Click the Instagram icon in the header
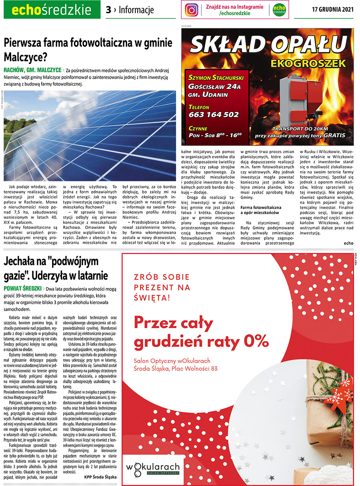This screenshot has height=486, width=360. pyautogui.click(x=192, y=10)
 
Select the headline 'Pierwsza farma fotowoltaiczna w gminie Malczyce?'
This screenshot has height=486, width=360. pyautogui.click(x=88, y=49)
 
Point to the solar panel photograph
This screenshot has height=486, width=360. pyautogui.click(x=90, y=124)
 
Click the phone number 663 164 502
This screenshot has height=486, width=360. pyautogui.click(x=214, y=115)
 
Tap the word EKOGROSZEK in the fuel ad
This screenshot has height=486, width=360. pyautogui.click(x=307, y=63)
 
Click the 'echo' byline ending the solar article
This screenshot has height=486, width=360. pyautogui.click(x=348, y=242)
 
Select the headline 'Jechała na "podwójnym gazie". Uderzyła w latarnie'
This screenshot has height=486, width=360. pyautogui.click(x=56, y=268)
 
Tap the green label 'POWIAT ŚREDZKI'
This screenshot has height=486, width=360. pyautogui.click(x=23, y=288)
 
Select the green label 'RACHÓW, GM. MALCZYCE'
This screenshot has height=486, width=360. pyautogui.click(x=32, y=70)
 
